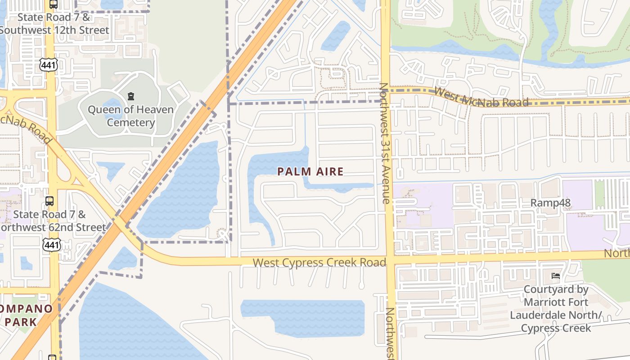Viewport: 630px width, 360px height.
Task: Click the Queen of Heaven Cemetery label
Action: (130, 116)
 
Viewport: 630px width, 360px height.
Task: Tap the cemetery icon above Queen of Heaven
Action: (131, 96)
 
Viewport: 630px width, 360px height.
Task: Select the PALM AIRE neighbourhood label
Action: (310, 171)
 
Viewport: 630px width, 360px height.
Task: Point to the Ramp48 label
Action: (550, 202)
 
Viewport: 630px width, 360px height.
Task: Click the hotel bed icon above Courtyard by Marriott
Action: (556, 275)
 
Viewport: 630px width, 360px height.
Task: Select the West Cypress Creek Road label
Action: (319, 262)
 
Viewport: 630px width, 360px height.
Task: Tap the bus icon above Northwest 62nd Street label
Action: (49, 201)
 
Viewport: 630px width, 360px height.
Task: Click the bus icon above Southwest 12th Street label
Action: (53, 4)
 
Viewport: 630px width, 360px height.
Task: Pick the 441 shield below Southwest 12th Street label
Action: (48, 65)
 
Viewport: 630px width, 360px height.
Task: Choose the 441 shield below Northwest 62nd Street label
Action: (51, 245)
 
